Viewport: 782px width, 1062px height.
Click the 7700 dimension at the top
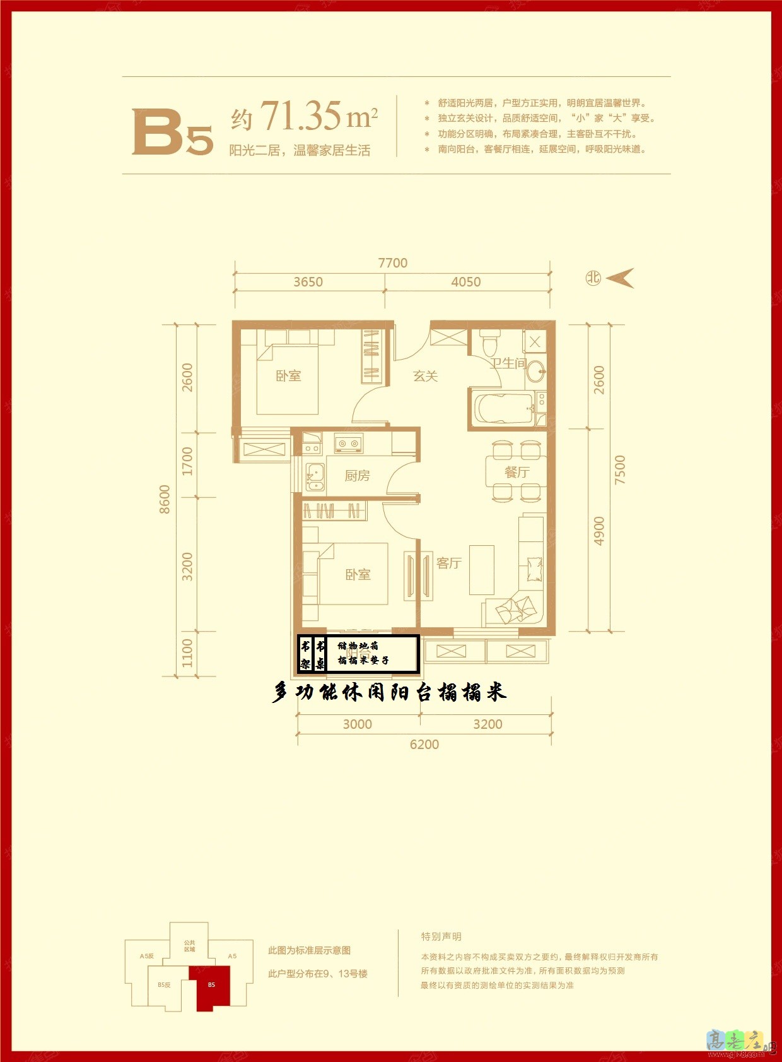[x=392, y=263]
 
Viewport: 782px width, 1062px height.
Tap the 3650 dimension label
[x=308, y=282]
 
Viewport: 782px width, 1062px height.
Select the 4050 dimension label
[x=465, y=282]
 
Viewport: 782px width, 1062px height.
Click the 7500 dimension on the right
[x=620, y=469]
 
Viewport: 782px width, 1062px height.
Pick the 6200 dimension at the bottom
[x=424, y=745]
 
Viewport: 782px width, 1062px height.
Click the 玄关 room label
[x=425, y=376]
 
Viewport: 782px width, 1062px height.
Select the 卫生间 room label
[x=508, y=363]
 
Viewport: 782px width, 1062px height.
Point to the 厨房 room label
[x=357, y=476]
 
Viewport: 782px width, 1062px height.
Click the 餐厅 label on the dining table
[x=516, y=472]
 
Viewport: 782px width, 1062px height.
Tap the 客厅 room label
[x=448, y=563]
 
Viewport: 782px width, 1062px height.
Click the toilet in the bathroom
[x=489, y=343]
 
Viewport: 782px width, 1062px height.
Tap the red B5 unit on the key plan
[x=212, y=987]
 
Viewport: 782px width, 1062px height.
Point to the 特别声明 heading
[x=441, y=936]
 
